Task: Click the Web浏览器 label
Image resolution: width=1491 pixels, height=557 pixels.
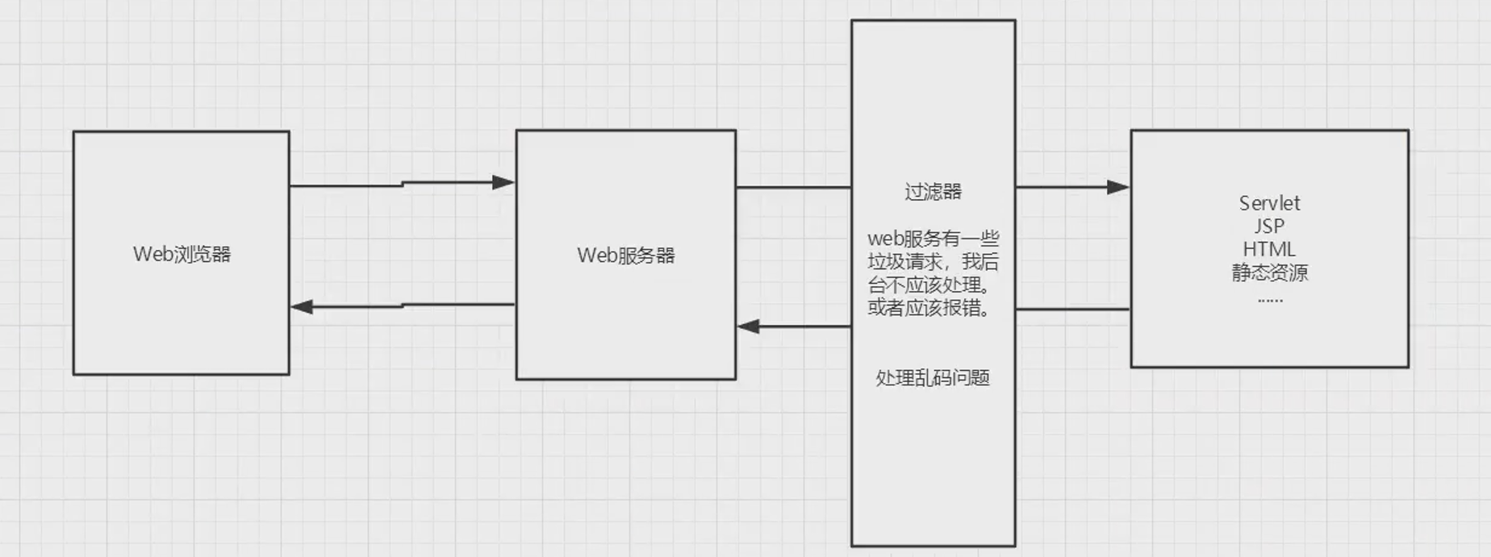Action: coord(182,254)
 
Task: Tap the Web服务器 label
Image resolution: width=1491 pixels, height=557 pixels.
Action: coord(625,256)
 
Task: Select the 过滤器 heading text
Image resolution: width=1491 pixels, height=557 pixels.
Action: coord(933,192)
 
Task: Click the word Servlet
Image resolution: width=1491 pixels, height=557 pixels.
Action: coord(1269,203)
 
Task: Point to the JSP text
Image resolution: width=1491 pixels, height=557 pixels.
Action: coord(1269,227)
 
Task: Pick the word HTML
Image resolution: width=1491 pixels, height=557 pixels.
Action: coord(1269,249)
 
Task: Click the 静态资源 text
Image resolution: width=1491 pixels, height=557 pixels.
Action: coord(1269,272)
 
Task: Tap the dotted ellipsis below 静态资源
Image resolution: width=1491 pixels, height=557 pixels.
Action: coord(1269,299)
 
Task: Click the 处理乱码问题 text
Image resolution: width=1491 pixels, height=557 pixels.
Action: coord(933,378)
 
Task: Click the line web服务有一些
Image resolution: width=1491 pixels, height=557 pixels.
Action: coord(933,239)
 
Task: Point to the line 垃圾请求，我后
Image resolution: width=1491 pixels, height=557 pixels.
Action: coord(933,262)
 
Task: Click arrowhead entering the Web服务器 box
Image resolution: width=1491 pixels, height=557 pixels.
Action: coord(503,182)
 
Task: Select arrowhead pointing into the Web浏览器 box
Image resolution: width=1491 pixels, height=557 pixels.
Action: coord(302,306)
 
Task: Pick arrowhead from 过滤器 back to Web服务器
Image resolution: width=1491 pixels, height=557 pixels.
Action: coord(749,326)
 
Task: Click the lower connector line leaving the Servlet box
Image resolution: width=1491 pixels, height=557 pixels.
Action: coord(1073,309)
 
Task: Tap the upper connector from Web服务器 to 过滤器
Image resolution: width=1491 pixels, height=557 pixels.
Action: coord(793,187)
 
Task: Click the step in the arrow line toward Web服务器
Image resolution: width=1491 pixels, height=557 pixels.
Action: coord(403,184)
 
